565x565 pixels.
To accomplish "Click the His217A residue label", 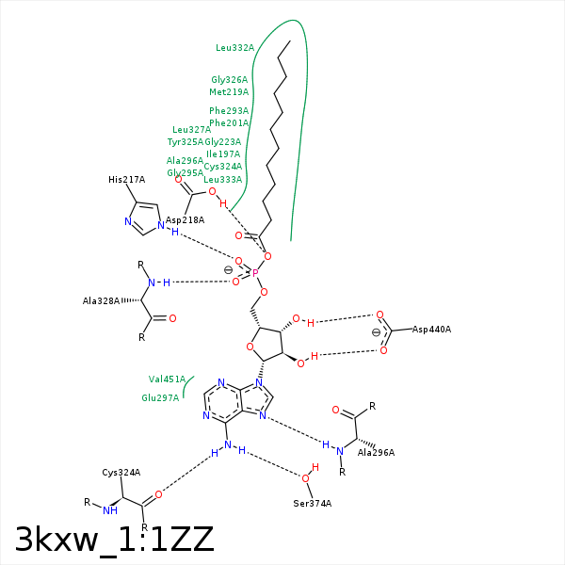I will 126,179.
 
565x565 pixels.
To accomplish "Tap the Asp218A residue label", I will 185,219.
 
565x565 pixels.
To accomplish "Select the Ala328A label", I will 102,301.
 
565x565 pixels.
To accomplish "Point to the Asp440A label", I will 431,330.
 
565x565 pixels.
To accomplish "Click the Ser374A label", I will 312,504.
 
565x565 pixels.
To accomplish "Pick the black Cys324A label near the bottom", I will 121,473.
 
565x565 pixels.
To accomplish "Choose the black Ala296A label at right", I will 376,453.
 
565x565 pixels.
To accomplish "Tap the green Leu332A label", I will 234,47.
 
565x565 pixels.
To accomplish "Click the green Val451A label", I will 167,379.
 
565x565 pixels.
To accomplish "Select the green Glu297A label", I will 160,397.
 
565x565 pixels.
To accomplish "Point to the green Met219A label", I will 229,92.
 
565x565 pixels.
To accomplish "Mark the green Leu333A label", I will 222,179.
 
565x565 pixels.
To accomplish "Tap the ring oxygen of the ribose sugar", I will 250,346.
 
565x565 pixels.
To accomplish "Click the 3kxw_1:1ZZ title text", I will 115,540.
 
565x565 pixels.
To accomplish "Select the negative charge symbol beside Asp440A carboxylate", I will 375,331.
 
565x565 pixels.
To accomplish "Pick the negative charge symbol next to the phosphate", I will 228,270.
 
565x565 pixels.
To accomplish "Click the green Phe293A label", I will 229,111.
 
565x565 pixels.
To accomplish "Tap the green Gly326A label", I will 230,80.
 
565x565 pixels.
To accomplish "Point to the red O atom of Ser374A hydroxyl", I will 305,477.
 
